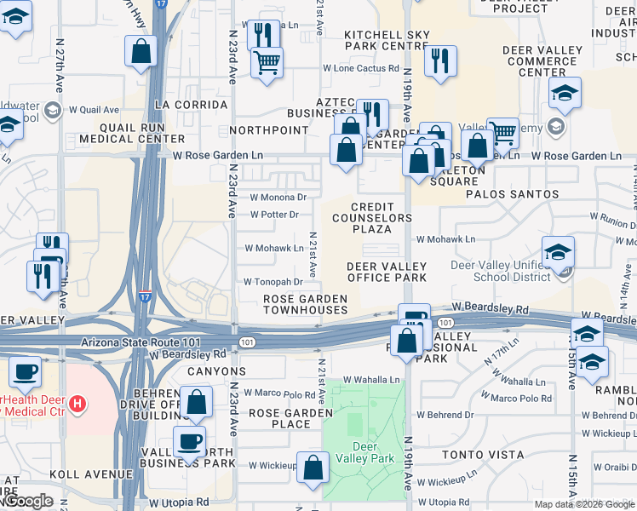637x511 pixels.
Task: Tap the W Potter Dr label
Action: (x=274, y=214)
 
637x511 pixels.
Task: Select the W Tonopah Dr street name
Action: (x=273, y=282)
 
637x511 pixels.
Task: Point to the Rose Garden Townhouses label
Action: (x=305, y=304)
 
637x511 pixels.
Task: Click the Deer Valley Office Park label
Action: (x=387, y=273)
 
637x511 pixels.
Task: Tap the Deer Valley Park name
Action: (x=364, y=452)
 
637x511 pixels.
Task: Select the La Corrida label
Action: (x=191, y=105)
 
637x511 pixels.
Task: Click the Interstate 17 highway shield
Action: (x=146, y=297)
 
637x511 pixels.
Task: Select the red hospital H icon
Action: (x=77, y=402)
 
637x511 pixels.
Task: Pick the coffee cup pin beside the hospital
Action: (x=25, y=371)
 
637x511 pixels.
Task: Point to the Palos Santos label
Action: (x=512, y=194)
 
